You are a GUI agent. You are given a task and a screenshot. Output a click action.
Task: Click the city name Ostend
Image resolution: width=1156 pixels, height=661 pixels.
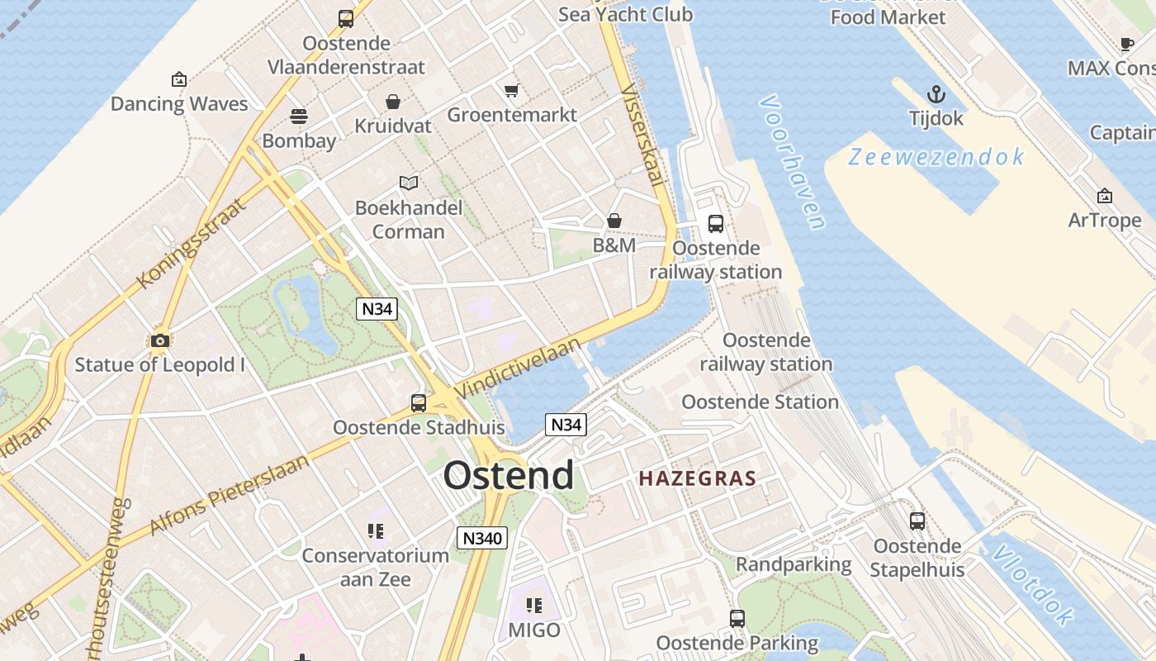click(509, 476)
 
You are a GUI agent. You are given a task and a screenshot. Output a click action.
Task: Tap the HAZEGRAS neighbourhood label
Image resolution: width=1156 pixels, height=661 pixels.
click(698, 478)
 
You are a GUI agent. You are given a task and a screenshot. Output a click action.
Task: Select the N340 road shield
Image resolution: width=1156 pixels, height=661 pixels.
click(481, 538)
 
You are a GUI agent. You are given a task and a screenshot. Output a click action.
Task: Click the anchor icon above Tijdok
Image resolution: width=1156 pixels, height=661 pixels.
click(936, 93)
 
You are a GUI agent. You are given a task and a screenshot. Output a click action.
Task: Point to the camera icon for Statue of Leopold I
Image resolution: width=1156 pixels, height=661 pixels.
click(160, 340)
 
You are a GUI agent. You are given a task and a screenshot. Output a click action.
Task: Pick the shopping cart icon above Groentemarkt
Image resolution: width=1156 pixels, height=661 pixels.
click(511, 90)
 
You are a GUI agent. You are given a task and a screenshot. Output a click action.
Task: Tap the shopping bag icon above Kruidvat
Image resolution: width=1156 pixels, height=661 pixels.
click(393, 102)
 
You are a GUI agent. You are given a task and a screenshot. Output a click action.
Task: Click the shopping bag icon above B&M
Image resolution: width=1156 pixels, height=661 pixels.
click(614, 221)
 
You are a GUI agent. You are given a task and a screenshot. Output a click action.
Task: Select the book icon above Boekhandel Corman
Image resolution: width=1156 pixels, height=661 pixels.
click(408, 183)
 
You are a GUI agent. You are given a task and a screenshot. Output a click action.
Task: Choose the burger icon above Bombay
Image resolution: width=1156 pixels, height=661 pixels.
click(298, 117)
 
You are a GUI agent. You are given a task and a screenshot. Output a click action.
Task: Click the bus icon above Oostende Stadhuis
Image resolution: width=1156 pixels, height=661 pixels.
click(419, 403)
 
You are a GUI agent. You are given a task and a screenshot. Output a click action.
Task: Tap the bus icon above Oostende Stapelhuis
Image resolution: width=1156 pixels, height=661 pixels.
click(917, 521)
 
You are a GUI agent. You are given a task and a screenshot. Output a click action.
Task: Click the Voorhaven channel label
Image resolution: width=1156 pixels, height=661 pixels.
click(792, 162)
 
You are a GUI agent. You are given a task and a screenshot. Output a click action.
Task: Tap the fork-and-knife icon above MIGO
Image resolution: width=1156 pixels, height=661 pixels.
click(534, 606)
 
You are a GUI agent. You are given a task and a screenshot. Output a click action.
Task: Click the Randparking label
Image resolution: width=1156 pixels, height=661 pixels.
click(794, 564)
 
